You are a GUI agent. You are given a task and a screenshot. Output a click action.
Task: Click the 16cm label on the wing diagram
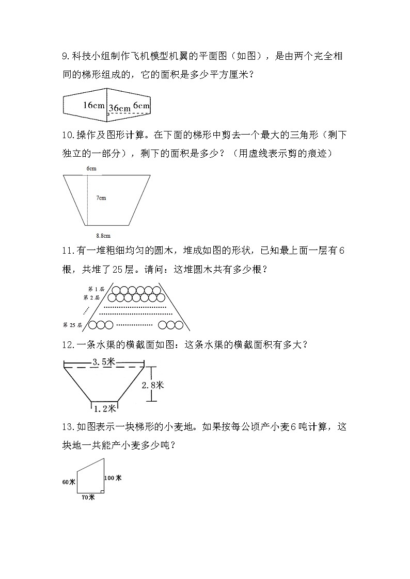pyautogui.click(x=93, y=105)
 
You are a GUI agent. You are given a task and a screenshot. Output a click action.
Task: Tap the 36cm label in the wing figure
pyautogui.click(x=120, y=108)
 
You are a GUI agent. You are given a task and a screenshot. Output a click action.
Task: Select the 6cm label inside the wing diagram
pyautogui.click(x=141, y=105)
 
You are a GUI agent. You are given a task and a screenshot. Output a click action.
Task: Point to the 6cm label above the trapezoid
pyautogui.click(x=91, y=169)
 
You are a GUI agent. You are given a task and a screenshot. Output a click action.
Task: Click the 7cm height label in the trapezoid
pyautogui.click(x=101, y=197)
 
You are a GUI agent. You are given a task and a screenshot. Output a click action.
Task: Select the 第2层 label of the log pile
pyautogui.click(x=91, y=297)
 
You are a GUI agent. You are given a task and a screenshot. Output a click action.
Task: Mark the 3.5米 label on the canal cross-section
pyautogui.click(x=103, y=362)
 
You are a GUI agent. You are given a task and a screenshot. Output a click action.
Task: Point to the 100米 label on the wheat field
pyautogui.click(x=113, y=478)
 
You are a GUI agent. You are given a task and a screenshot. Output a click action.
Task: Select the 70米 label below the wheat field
pyautogui.click(x=88, y=498)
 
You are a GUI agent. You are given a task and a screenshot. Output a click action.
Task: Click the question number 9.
pyautogui.click(x=65, y=56)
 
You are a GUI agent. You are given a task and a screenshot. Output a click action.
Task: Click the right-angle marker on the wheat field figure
pyautogui.click(x=102, y=492)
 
